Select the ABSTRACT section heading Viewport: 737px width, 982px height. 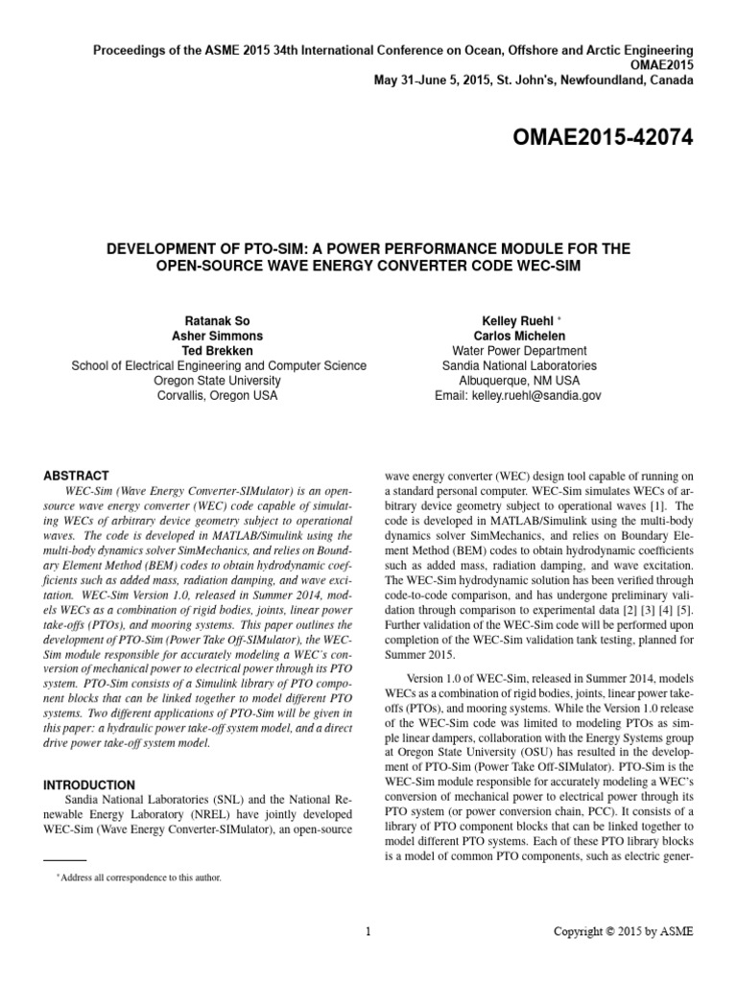(x=77, y=476)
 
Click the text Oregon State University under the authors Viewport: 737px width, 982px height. (x=219, y=381)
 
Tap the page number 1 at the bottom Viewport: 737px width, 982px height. (x=368, y=931)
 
